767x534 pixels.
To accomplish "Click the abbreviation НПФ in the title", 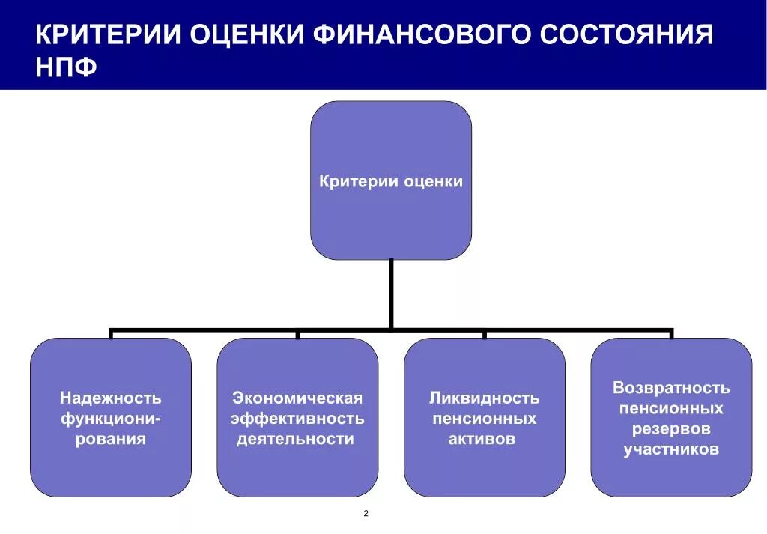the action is pos(67,67).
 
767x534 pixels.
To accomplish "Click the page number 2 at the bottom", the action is pos(366,514).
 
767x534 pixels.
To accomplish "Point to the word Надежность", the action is pos(111,398).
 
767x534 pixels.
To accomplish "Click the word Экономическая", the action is pos(297,398).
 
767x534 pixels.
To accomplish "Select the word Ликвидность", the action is pos(485,398).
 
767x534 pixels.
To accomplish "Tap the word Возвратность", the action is pos(671,388).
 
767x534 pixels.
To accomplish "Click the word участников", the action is pos(671,449).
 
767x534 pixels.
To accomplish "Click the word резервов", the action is pos(671,429).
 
